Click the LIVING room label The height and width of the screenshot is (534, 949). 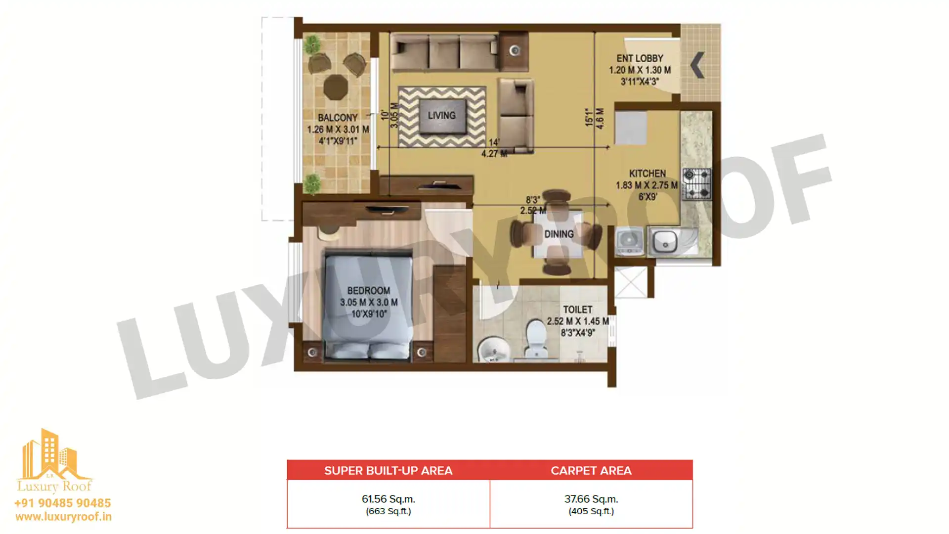(x=441, y=115)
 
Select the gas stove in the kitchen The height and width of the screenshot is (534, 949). (x=697, y=183)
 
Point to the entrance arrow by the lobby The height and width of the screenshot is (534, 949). (x=697, y=65)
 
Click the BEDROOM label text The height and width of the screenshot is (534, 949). (x=368, y=291)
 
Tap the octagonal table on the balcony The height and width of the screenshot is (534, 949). (x=336, y=88)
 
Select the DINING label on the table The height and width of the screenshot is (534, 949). (x=559, y=234)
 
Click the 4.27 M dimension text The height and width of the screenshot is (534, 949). (x=494, y=153)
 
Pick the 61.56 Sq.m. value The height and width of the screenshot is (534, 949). (x=388, y=499)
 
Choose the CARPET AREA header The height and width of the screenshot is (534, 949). (x=591, y=470)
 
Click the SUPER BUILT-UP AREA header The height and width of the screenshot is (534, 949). (x=388, y=470)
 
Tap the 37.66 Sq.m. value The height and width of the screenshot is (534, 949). (x=591, y=499)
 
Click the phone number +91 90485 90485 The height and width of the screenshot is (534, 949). (x=63, y=503)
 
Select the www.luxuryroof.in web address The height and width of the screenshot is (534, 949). (x=63, y=517)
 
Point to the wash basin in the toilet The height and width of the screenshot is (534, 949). (x=492, y=349)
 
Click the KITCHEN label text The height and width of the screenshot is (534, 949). (x=647, y=174)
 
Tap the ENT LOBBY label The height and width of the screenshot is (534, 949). (x=640, y=58)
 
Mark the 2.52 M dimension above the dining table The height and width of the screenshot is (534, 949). (x=533, y=211)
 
